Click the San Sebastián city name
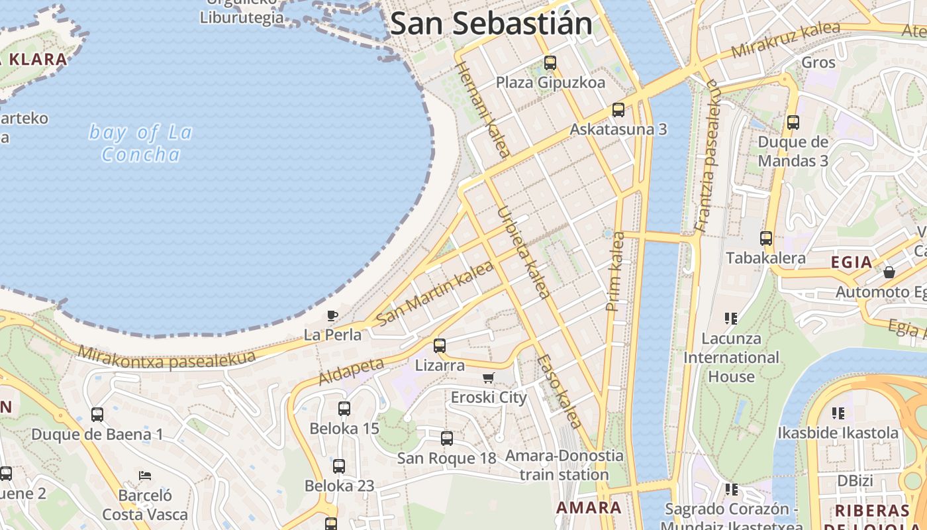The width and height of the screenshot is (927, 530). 491,24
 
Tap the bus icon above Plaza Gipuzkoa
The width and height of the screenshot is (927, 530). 550,63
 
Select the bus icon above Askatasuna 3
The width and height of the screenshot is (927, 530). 618,109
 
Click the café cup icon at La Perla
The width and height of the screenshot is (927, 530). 332,315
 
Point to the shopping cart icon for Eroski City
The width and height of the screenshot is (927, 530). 489,378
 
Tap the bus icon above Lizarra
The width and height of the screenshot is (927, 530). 440,345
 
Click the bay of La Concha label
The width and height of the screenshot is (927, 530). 140,143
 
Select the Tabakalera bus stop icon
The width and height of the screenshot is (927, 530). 766,238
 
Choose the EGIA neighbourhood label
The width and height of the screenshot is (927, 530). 852,262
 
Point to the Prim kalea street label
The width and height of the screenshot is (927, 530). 615,272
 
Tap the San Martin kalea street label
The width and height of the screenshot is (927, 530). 434,293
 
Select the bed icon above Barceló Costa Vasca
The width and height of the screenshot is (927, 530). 145,475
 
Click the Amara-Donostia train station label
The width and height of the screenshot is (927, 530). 564,465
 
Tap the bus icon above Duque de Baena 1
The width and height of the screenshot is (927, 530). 97,415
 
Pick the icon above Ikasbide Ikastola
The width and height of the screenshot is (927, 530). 838,413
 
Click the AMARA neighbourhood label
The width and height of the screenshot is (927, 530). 589,508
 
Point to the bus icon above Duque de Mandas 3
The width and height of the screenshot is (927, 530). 793,122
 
